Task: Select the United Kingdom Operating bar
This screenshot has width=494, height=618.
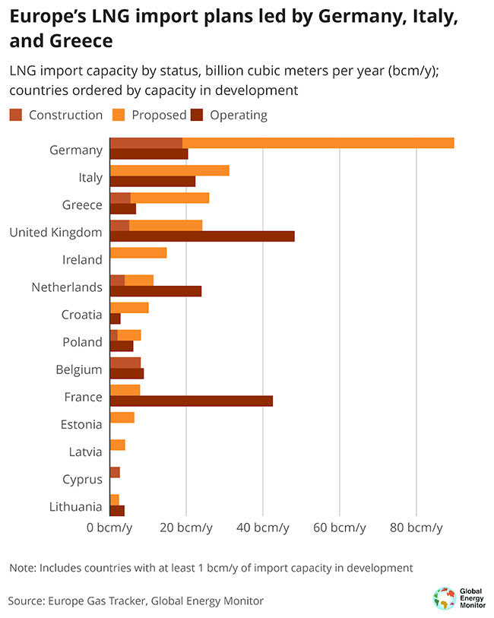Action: (202, 236)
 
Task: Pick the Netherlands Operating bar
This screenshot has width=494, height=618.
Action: (156, 291)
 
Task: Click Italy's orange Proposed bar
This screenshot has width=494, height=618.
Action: (169, 170)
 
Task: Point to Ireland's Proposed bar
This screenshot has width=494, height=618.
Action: (138, 253)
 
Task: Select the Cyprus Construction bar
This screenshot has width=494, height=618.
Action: (115, 473)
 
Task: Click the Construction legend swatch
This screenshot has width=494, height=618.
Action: (16, 116)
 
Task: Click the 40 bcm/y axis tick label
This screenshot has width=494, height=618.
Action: (263, 528)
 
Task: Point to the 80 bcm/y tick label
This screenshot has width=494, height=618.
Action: (416, 528)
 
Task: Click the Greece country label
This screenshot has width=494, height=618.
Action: (82, 205)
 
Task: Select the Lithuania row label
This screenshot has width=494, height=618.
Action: (74, 506)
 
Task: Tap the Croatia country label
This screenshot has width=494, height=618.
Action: (81, 315)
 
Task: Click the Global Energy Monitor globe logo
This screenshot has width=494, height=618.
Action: (443, 598)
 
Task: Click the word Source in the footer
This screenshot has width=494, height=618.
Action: (26, 601)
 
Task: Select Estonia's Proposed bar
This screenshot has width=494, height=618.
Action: (122, 417)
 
